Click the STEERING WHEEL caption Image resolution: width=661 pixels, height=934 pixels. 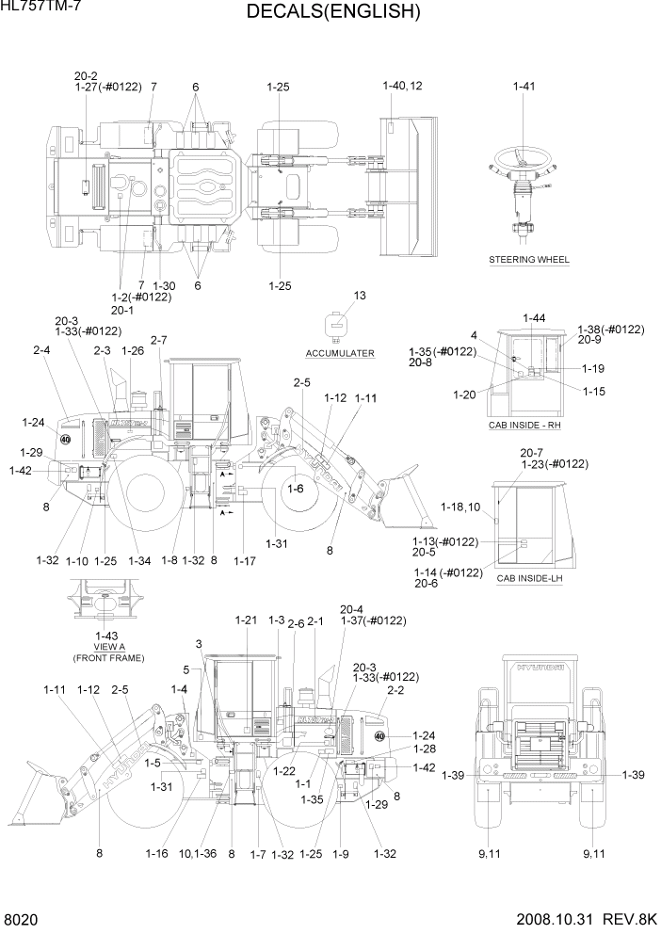tap(529, 259)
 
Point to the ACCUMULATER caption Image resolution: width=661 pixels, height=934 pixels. tap(340, 353)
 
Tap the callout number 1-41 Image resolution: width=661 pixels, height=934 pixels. tap(524, 87)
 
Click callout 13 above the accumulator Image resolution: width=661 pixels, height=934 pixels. tap(359, 296)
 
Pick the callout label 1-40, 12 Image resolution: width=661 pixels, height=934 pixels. tap(402, 86)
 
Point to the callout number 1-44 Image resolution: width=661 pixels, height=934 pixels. tap(533, 318)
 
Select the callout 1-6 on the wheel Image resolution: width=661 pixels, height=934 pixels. tap(295, 489)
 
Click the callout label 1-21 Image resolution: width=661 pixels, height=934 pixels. tap(246, 620)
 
